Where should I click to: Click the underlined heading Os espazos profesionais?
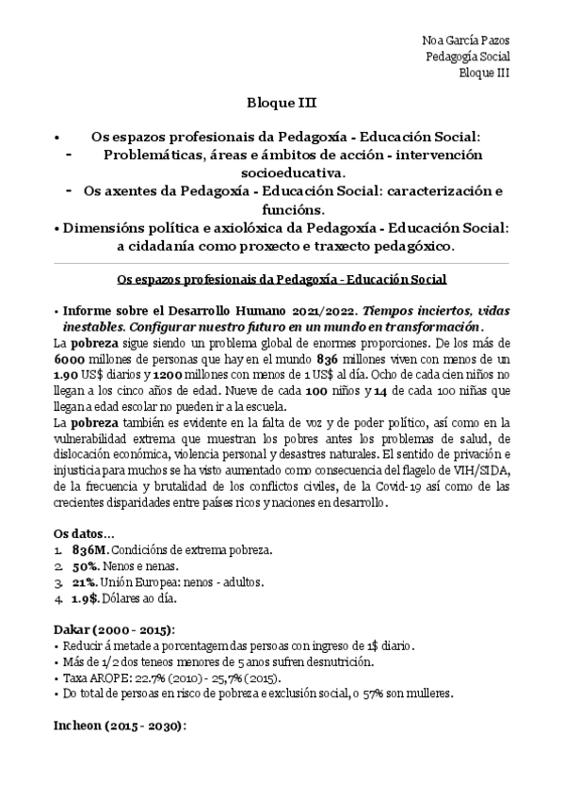coord(281,280)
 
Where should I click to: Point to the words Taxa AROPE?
coord(90,677)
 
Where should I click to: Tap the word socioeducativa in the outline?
coord(280,172)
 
